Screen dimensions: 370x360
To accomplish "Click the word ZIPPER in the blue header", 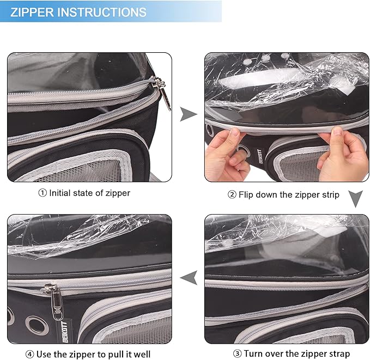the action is coord(32,12).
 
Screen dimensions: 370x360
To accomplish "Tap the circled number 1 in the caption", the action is coord(43,193).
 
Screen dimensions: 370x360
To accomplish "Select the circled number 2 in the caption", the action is coord(232,194).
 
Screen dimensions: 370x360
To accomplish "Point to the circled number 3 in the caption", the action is coord(237,353).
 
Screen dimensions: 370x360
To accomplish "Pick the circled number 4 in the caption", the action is coord(30,355).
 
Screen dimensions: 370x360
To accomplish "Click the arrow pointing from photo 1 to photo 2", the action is coord(189,114).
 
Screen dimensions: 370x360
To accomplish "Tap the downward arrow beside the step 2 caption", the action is coord(355,199).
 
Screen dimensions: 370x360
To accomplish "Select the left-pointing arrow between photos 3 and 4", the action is coord(189,278).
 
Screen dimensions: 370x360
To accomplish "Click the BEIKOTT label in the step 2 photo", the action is coord(258,156).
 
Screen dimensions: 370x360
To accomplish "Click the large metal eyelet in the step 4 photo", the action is coord(37,326).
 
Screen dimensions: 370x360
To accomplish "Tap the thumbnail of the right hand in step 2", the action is coord(337,131).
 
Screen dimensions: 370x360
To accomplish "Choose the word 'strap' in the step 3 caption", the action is coord(339,354).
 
